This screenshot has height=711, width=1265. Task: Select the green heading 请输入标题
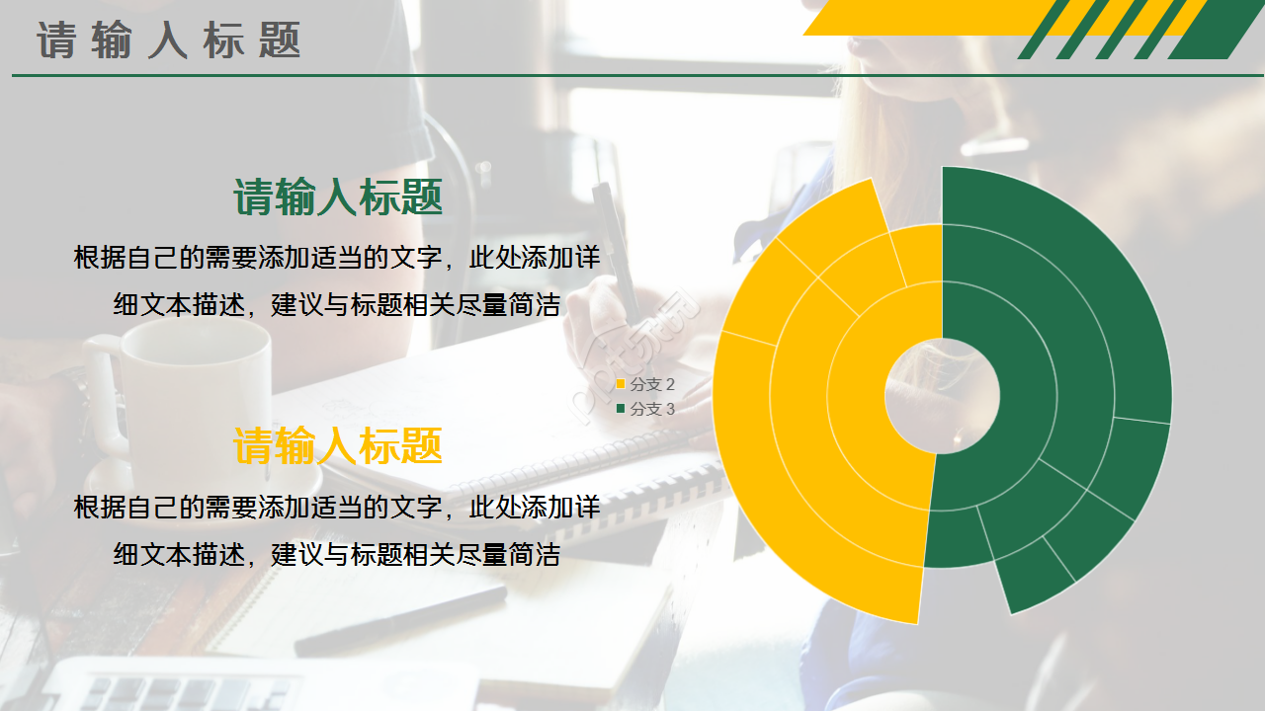(x=338, y=197)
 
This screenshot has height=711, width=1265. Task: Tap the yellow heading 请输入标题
(x=338, y=446)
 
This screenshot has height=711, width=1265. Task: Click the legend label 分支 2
(x=652, y=384)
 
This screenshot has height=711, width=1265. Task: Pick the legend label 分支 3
(x=652, y=409)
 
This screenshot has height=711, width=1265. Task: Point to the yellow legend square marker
(x=621, y=384)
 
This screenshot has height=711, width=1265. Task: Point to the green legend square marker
(x=621, y=409)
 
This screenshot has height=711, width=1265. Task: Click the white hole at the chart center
(x=941, y=396)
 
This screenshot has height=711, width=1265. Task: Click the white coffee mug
(x=188, y=395)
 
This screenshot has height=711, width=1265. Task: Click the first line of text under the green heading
(x=337, y=258)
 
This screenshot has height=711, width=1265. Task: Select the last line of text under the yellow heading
(x=337, y=555)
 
